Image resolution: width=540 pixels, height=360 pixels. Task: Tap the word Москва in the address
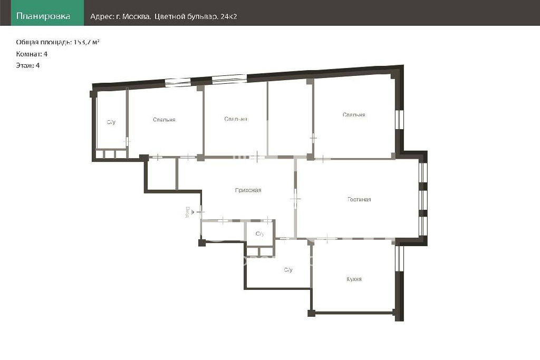137,16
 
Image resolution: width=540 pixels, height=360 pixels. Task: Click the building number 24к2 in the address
228,16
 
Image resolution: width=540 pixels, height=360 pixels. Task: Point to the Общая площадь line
58,42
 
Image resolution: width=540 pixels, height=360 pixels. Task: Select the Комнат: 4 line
32,54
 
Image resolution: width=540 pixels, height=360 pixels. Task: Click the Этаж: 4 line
28,65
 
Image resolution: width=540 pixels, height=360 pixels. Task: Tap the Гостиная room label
359,199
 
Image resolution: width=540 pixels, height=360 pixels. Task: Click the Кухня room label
354,279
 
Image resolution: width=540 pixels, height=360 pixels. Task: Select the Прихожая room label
248,190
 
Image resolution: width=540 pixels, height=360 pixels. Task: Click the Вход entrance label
187,212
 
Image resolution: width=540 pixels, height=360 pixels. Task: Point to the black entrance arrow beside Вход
193,212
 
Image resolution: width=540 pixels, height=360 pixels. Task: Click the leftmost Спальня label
165,120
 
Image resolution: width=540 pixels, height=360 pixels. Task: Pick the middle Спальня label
236,119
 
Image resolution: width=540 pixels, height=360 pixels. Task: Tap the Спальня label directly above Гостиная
354,114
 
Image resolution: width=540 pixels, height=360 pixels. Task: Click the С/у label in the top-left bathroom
111,122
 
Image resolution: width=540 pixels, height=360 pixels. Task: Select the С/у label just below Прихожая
259,234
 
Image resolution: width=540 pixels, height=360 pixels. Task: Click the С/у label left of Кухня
288,270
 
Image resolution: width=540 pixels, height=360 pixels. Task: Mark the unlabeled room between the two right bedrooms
290,119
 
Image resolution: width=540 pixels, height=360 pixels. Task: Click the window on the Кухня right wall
399,258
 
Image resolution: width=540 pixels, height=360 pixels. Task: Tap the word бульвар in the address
202,16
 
